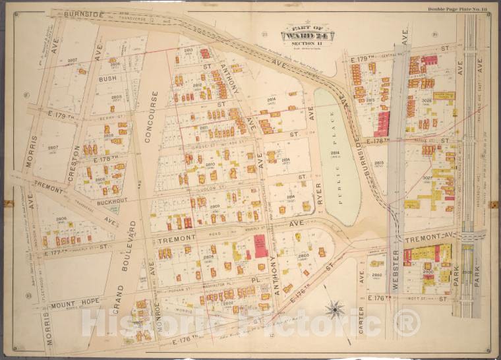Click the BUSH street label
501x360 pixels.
pos(107,78)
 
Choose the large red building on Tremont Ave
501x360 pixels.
pos(261,245)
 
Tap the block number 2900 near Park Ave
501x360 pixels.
pos(427,271)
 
